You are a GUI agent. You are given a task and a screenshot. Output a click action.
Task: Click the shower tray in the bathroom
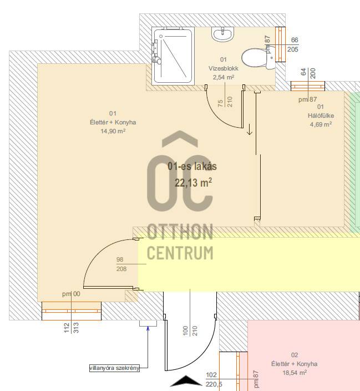click(173, 56)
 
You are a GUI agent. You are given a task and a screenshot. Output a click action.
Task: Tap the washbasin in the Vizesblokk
click(223, 34)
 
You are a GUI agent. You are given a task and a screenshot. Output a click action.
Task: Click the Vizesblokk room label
click(224, 68)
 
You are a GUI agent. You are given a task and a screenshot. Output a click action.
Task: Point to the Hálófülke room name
click(321, 116)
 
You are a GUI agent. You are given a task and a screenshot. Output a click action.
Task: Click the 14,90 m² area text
click(113, 131)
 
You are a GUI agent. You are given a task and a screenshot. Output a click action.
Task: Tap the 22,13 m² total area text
click(194, 183)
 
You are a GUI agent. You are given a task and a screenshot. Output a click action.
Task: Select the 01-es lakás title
click(192, 166)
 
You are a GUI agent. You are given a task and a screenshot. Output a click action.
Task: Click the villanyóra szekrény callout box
click(114, 368)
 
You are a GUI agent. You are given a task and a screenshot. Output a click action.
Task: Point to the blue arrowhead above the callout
click(148, 328)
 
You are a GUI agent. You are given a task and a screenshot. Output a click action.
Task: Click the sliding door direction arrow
click(250, 129)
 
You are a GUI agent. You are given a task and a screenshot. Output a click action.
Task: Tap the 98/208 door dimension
click(121, 264)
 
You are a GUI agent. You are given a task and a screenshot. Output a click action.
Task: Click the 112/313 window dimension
click(71, 328)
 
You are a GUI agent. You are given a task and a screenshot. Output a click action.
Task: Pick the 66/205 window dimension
click(293, 44)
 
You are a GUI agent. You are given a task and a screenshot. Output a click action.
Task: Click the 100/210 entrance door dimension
click(190, 331)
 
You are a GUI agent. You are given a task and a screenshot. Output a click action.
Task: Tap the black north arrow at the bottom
click(186, 381)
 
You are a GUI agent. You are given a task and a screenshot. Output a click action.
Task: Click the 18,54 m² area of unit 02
click(295, 373)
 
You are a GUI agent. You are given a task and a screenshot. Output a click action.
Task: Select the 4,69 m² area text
click(321, 124)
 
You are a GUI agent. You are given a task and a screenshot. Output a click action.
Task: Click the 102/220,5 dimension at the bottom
click(214, 379)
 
